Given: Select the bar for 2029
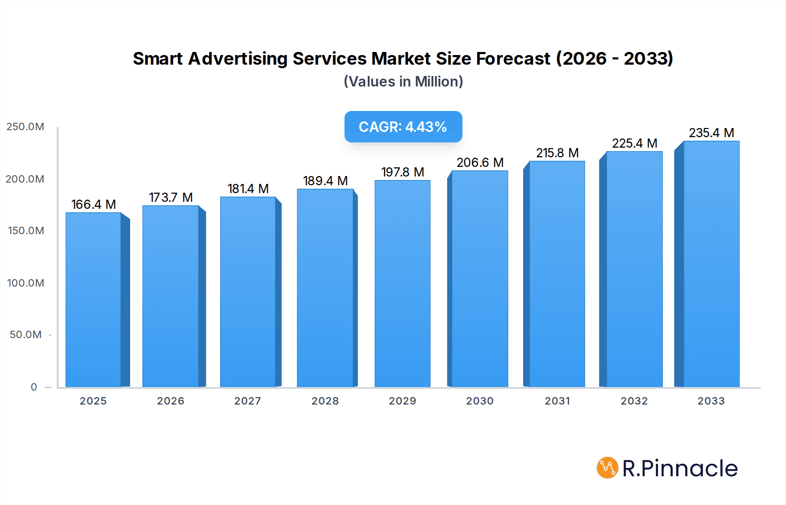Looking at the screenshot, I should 402,284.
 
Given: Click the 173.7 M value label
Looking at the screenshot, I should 171,197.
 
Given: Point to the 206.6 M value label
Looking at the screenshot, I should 480,163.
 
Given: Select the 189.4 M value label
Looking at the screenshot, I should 325,181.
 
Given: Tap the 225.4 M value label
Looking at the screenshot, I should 634,143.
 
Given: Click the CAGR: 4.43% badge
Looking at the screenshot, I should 403,127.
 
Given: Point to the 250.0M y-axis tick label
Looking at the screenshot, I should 25,127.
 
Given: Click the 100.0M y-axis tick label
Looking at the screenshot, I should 25,283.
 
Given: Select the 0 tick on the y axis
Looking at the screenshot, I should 34,387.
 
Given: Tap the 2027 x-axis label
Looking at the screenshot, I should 248,401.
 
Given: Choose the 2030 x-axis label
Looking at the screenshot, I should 479,401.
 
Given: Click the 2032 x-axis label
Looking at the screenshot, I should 634,401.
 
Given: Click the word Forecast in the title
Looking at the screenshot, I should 513,59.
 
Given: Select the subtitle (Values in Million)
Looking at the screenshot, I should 403,82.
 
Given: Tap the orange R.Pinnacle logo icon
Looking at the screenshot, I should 607,468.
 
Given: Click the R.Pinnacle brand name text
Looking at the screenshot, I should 680,468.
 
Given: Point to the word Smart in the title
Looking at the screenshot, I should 158,59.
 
